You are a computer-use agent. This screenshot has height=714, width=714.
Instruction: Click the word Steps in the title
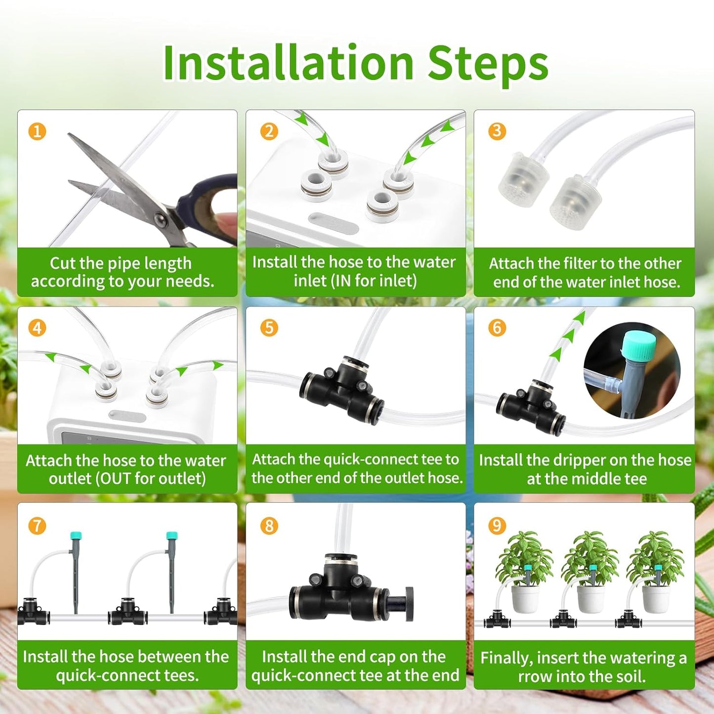(x=488, y=63)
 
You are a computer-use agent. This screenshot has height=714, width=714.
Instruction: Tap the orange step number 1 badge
(x=37, y=131)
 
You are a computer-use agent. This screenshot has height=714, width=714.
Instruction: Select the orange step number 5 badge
(x=269, y=328)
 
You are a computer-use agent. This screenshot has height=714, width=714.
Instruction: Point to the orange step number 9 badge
(x=497, y=525)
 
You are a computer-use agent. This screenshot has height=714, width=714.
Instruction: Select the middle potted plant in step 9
(x=590, y=573)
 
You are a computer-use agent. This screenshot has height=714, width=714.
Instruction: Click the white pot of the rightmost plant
(x=656, y=598)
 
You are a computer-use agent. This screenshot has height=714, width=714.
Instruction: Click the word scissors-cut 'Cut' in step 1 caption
(x=63, y=263)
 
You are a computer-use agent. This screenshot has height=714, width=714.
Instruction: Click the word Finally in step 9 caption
(x=506, y=658)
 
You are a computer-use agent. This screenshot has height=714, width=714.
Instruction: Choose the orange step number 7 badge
(x=37, y=525)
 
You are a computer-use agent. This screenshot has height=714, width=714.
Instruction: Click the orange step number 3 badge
(x=497, y=131)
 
